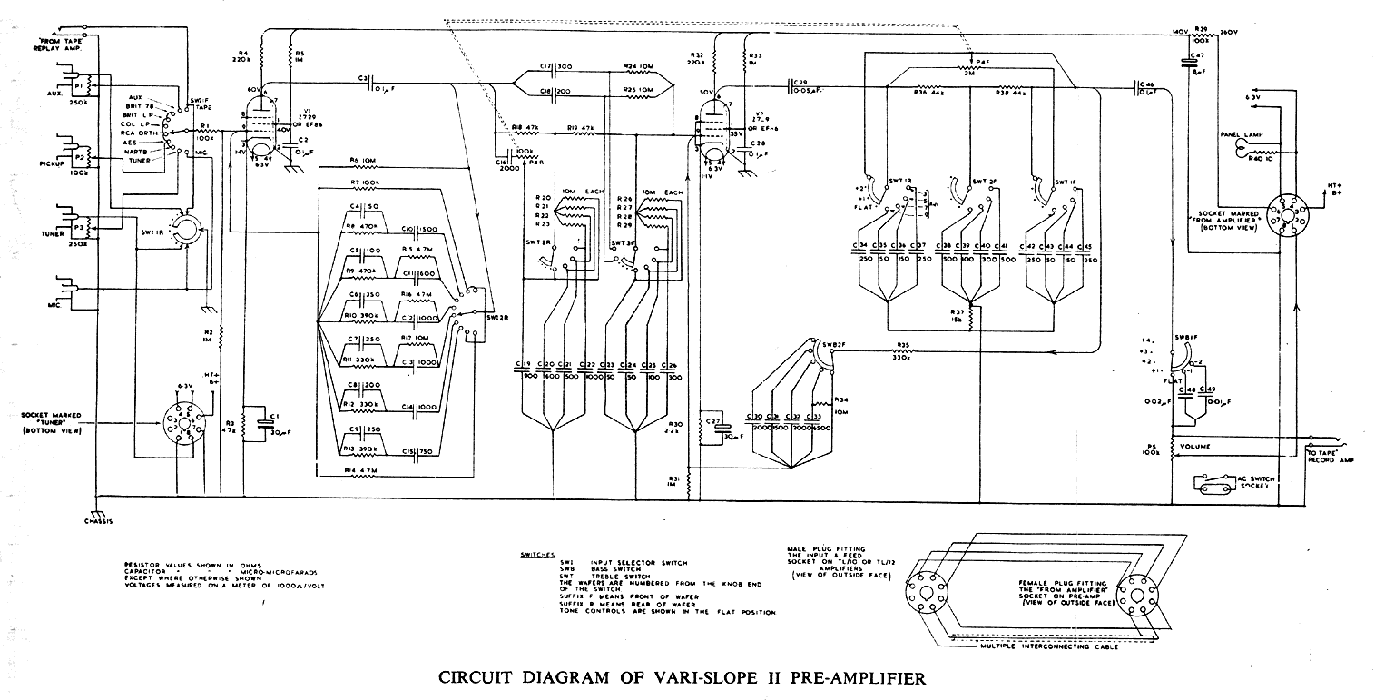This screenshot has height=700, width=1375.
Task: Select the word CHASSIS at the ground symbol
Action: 97,522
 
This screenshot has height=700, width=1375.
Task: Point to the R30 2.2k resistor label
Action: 674,429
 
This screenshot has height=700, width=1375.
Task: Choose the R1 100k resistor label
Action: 206,133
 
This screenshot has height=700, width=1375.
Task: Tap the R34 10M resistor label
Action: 841,404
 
